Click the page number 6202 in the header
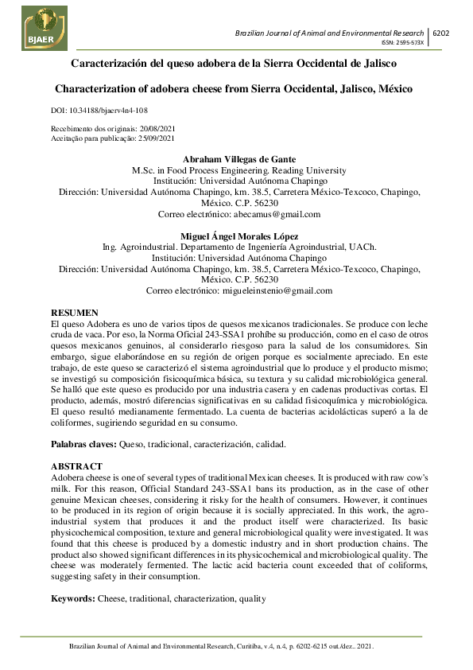pos(440,33)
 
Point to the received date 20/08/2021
pos(157,128)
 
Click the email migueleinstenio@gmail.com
pos(275,291)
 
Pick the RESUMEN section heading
pos(75,314)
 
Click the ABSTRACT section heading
pos(76,465)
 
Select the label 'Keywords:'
pos(73,598)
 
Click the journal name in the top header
pos(331,33)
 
